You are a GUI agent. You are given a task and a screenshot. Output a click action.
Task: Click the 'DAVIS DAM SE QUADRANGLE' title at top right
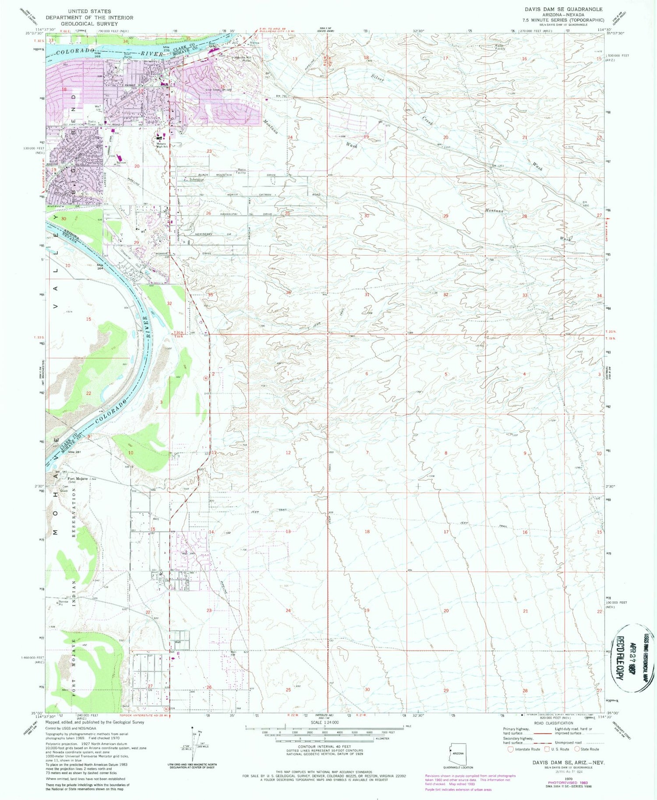(564, 9)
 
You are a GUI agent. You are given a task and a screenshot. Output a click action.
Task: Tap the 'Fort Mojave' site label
(76, 478)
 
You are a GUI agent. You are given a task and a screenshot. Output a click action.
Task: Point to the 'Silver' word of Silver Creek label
(377, 78)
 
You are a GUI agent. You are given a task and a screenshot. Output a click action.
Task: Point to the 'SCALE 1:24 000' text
(325, 722)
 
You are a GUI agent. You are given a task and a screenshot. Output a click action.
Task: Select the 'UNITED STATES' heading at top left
(90, 11)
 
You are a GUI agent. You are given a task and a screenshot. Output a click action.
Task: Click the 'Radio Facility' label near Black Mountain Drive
(241, 171)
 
